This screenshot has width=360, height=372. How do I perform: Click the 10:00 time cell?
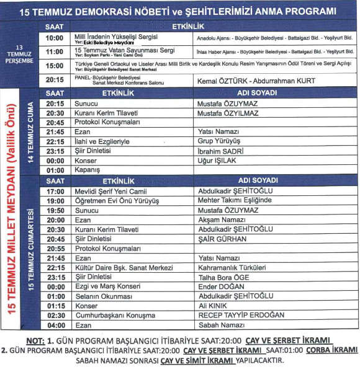(x=55, y=38)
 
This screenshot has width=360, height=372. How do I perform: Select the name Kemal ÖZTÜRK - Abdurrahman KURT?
(x=256, y=81)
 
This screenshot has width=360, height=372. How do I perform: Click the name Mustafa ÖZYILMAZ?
(x=227, y=113)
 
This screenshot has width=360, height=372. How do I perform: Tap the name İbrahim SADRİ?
(x=220, y=151)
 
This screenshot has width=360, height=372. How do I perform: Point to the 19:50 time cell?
(x=55, y=210)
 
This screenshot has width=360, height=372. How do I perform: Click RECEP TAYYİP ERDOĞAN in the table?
(x=241, y=315)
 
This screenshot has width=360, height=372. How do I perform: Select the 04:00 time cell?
(x=55, y=325)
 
